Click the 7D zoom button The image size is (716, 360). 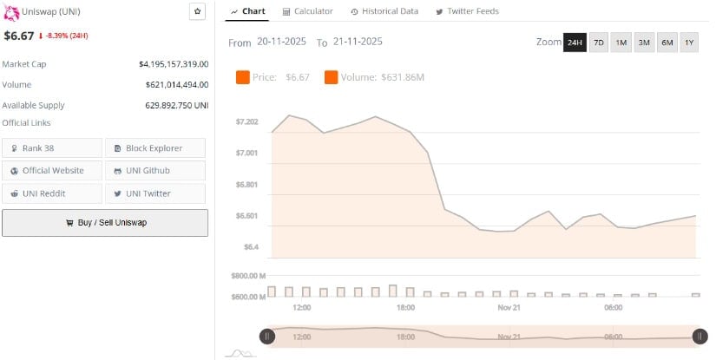(599, 43)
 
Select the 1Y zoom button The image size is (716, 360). (689, 43)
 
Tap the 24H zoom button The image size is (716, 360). (575, 43)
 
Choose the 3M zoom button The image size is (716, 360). (644, 43)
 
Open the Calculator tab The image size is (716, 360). (308, 11)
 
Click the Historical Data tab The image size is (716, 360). (384, 11)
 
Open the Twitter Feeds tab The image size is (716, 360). (467, 11)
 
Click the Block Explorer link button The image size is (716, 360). (155, 148)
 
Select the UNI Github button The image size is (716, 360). (155, 171)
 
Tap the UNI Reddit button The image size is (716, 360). (52, 193)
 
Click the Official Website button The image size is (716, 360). (52, 171)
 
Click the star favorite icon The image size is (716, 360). (198, 11)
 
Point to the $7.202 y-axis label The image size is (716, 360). (247, 121)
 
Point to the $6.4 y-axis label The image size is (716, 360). (251, 247)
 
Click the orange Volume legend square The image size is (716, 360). (332, 77)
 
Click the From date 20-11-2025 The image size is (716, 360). (283, 42)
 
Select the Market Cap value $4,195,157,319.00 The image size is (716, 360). (174, 64)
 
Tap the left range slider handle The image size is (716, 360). (267, 337)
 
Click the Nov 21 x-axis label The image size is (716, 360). (509, 308)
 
